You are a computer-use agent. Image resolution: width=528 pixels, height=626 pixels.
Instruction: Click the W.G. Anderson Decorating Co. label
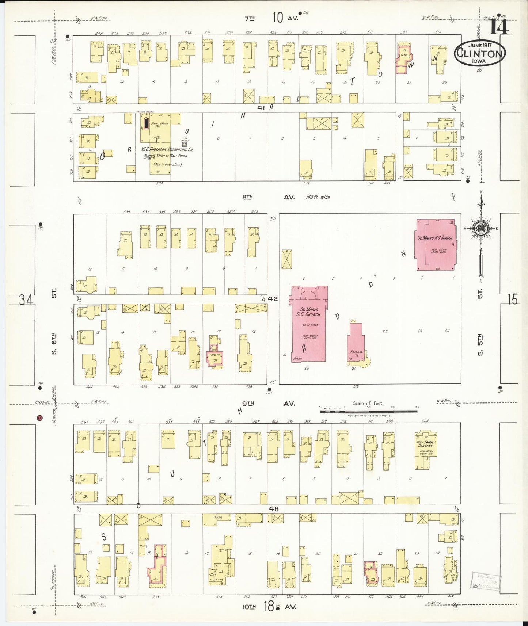coord(167,150)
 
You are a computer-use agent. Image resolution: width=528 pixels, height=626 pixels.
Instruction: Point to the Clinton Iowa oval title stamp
coord(480,53)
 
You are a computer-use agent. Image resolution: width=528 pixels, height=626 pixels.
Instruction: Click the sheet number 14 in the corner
coord(499,26)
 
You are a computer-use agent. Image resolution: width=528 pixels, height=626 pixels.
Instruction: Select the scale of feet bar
coord(368,412)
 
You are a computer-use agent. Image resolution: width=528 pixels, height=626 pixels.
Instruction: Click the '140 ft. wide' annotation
coord(318,197)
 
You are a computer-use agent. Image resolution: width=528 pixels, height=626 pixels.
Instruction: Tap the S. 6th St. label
coord(54,321)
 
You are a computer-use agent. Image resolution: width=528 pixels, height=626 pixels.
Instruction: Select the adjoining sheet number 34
coord(26,300)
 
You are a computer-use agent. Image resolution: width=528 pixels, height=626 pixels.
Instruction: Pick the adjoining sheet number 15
coord(512,299)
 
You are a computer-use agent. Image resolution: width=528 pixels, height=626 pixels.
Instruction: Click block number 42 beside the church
coord(273,299)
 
